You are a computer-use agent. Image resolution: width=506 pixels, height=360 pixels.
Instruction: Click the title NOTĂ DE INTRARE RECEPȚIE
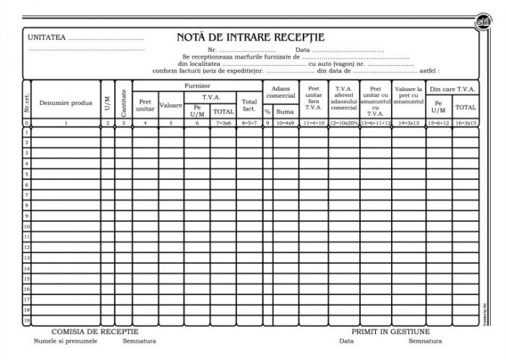tap(250, 37)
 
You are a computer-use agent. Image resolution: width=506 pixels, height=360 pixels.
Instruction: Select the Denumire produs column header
tap(66, 103)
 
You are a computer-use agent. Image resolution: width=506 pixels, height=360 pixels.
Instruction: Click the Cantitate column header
tap(124, 103)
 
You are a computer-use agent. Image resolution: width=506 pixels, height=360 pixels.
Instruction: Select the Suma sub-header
tap(285, 112)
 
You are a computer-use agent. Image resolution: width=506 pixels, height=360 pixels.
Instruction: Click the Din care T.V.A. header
tap(453, 89)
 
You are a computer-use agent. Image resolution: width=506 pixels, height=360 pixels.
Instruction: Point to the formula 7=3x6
tap(223, 124)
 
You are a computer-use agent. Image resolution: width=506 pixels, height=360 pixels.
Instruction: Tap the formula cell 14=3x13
tap(409, 124)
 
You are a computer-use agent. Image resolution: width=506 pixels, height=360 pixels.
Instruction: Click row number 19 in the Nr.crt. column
tap(27, 319)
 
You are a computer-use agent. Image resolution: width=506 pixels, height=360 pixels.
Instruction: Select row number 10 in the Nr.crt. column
tap(27, 226)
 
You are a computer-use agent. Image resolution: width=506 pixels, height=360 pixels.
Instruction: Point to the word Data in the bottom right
tap(347, 340)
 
